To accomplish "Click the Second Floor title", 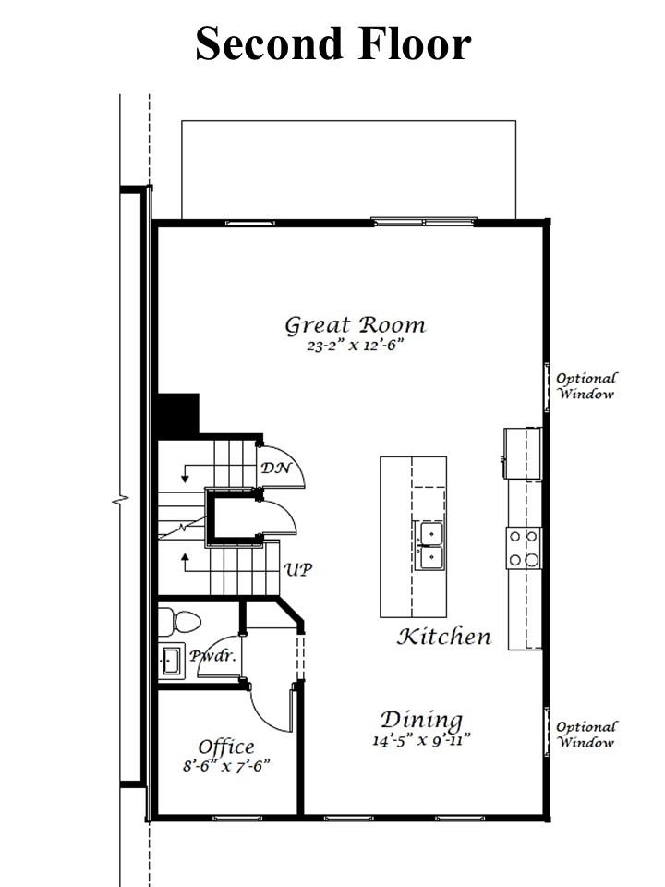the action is [x=333, y=43].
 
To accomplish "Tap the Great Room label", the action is [x=355, y=326].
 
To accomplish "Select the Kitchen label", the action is [x=444, y=637].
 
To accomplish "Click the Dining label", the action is [x=421, y=721].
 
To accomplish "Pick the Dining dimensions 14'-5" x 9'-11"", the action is [x=422, y=740].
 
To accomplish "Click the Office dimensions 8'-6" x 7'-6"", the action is [x=226, y=767].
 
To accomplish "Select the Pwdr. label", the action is [x=212, y=656].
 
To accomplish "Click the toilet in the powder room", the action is [x=179, y=622].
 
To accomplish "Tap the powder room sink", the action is [x=172, y=660].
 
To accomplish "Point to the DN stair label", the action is [x=276, y=468].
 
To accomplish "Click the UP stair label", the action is [x=298, y=569].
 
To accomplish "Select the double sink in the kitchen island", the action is [x=430, y=546].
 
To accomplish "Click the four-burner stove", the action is [x=524, y=548].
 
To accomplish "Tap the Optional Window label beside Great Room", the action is [x=586, y=386].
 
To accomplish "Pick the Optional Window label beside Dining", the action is [x=586, y=735].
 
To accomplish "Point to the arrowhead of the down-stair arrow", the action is [x=185, y=479].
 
